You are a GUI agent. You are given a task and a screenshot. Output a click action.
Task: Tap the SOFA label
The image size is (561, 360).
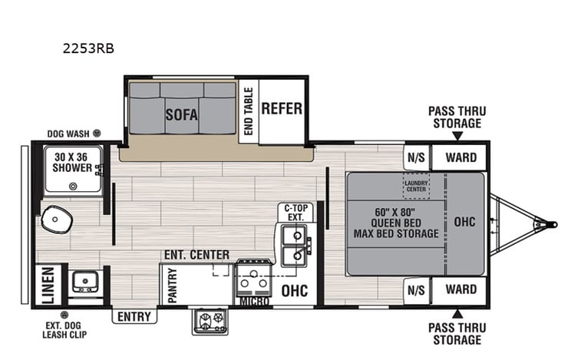tap(182, 115)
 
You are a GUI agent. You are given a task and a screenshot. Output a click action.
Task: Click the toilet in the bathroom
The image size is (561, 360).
tap(55, 220)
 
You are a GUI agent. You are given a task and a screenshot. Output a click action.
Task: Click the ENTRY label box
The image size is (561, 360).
tap(134, 315)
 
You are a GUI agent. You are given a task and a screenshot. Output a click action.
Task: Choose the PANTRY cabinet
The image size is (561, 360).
tap(173, 285)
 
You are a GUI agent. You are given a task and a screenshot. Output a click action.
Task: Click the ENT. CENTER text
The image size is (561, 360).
tap(196, 254)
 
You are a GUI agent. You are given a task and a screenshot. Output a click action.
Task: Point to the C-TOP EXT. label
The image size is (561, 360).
tap(295, 212)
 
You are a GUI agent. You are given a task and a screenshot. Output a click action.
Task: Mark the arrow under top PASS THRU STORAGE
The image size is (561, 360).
tap(457, 137)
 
